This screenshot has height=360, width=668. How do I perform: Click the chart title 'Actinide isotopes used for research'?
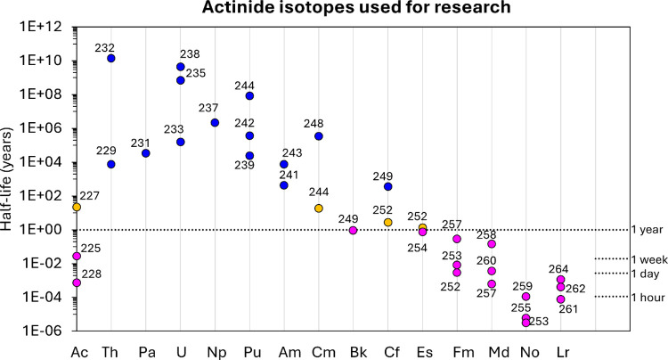tap(356, 7)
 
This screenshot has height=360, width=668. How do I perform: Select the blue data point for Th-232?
tap(111, 59)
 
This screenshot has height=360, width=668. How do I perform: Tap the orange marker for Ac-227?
tap(77, 207)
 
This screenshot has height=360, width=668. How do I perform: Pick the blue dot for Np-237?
tap(216, 123)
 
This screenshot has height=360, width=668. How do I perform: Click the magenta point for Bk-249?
tap(354, 231)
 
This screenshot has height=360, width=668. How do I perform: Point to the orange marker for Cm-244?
tap(319, 209)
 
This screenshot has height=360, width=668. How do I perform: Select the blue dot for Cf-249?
tap(388, 186)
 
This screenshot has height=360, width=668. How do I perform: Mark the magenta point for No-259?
tap(526, 297)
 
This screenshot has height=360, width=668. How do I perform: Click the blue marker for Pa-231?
tap(146, 153)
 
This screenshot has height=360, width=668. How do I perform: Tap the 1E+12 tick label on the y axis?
tap(40, 28)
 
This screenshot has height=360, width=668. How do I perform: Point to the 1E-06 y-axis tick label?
tap(41, 331)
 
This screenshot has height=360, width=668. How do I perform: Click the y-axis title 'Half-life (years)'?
tap(7, 179)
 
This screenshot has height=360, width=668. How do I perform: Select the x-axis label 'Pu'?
tap(252, 353)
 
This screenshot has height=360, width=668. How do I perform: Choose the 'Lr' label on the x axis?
tap(563, 353)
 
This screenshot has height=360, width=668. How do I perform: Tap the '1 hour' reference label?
tap(648, 298)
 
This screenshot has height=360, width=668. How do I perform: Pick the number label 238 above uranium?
tap(190, 54)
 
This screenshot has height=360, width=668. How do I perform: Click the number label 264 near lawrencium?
tap(558, 269)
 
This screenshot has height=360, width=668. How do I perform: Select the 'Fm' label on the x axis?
tap(463, 353)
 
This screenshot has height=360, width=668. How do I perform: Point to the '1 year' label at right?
tap(647, 230)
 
